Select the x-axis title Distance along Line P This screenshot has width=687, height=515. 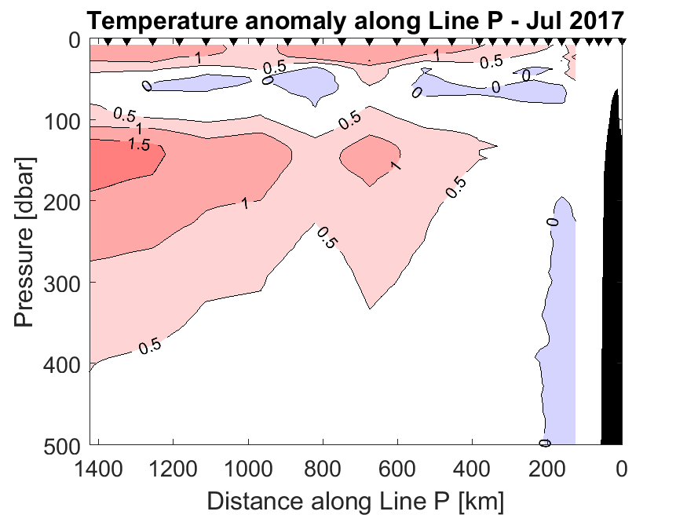pos(356,499)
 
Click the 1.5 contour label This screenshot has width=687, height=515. pos(140,144)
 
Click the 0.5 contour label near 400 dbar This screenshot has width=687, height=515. pos(150,346)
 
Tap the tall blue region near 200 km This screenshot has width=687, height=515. pos(559,314)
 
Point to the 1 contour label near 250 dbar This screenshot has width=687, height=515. pos(245,203)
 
